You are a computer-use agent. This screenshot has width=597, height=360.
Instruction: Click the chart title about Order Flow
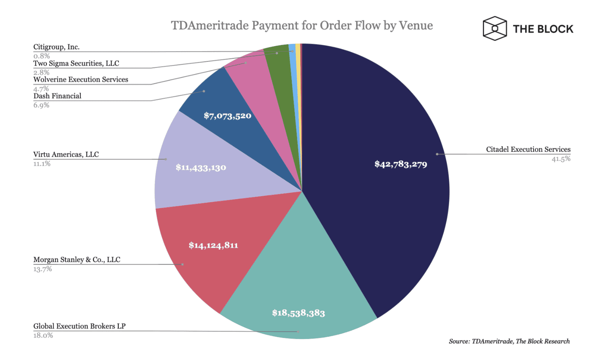coord(302,26)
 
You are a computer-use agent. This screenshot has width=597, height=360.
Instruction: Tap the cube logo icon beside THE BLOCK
coord(494,29)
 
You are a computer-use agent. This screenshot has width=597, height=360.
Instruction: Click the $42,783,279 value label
coord(401,164)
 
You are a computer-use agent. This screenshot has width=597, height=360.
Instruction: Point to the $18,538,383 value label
coord(298,313)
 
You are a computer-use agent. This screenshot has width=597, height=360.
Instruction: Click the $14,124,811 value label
coord(213,245)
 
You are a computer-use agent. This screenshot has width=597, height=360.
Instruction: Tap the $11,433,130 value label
coord(201,168)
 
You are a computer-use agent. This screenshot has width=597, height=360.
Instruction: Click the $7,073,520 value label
coord(228,116)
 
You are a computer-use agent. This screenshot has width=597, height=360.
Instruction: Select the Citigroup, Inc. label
coord(56,47)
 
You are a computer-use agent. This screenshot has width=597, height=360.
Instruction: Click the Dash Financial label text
coord(57,96)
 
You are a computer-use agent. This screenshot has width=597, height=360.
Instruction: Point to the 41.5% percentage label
coord(561,159)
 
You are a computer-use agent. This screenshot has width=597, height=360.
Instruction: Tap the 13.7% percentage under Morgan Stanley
coord(42,269)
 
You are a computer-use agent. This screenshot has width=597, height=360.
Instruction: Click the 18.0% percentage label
coord(43,335)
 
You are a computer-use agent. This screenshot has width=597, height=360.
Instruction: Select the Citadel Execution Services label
coord(528,149)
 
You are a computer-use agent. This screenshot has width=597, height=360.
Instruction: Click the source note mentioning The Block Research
coord(509,341)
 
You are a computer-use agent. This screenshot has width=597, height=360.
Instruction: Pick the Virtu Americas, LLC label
coord(66,154)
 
